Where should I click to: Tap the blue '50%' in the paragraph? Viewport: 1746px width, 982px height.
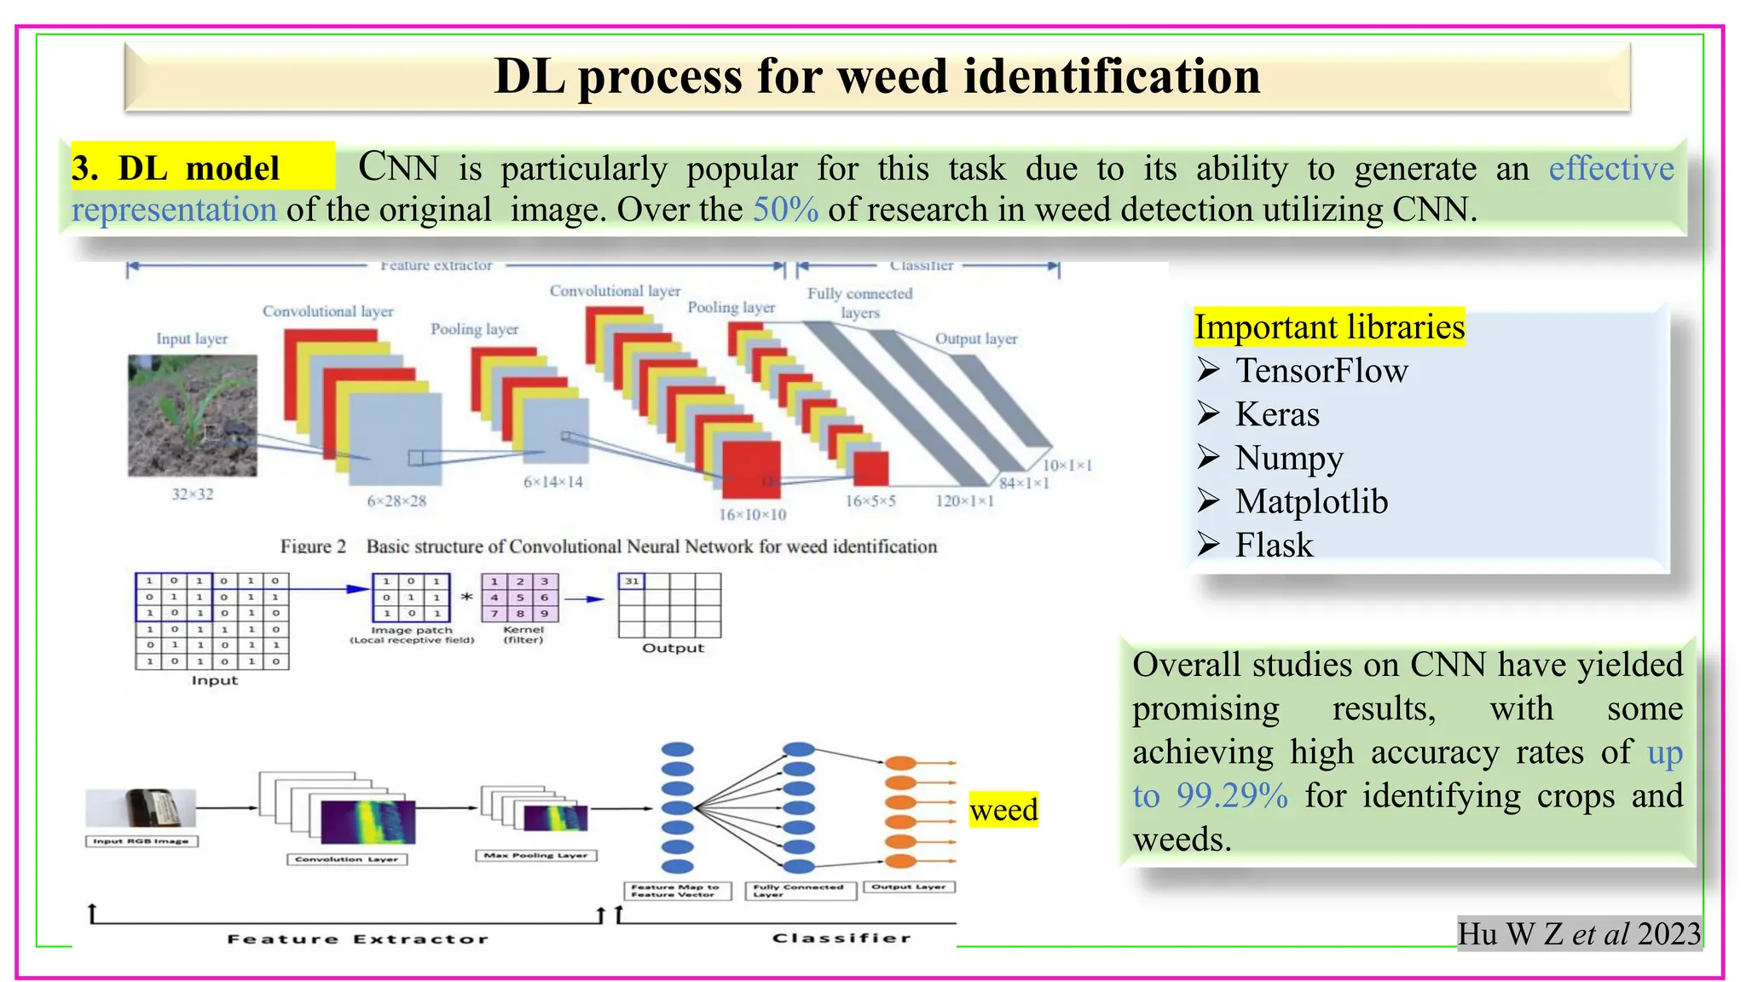pos(784,210)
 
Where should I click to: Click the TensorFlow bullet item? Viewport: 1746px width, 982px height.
pos(1321,371)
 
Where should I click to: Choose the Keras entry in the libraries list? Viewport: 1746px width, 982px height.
pos(1276,414)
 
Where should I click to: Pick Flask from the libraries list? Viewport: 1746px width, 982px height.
pos(1274,546)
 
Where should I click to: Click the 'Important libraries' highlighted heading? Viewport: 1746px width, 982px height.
pos(1328,327)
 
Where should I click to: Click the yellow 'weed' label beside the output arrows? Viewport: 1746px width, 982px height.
pos(1003,810)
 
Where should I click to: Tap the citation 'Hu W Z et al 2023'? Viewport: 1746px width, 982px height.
pos(1578,934)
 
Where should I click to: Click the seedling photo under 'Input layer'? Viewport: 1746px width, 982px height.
pos(193,415)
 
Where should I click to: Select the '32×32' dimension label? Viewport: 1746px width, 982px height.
pos(193,494)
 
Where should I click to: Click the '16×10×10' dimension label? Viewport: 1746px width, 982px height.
pos(752,515)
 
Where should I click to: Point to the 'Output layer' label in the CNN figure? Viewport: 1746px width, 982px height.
pos(976,338)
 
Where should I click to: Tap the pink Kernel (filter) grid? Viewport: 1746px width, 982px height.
pos(519,597)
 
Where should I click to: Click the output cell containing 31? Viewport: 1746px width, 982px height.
pos(632,581)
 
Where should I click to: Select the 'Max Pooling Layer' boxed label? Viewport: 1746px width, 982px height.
pos(535,855)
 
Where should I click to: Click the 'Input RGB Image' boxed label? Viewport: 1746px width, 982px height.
pos(142,841)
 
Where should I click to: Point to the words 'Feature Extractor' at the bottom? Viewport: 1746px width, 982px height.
pos(358,939)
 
